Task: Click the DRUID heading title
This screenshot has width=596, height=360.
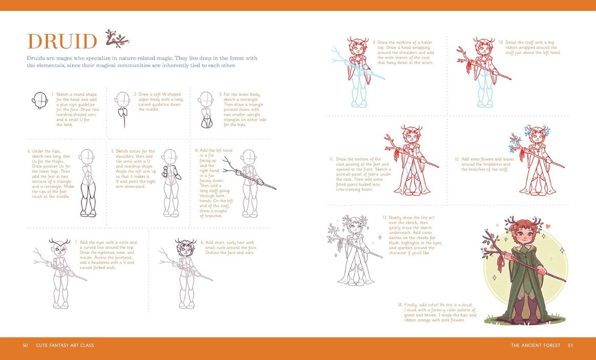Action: pyautogui.click(x=62, y=41)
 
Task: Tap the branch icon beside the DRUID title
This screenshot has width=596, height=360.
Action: pyautogui.click(x=116, y=38)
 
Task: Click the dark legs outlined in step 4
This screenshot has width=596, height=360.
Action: pyautogui.click(x=88, y=200)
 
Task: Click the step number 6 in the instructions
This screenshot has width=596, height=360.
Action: pyautogui.click(x=197, y=151)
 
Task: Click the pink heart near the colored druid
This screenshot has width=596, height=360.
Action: pyautogui.click(x=548, y=226)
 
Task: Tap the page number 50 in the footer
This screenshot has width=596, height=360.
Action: pyautogui.click(x=25, y=345)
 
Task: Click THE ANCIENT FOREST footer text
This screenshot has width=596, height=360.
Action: pyautogui.click(x=536, y=345)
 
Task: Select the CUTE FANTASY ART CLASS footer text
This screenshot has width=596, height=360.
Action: pyautogui.click(x=65, y=345)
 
